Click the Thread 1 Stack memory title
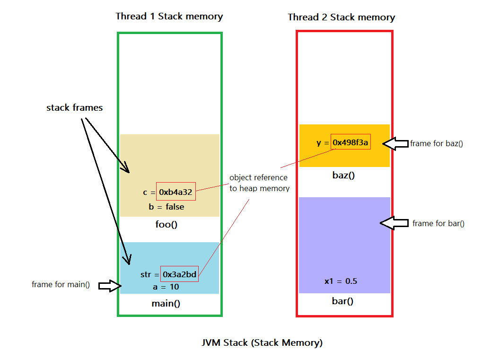point(169,16)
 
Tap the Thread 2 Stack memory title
point(342,17)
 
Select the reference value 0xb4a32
point(175,192)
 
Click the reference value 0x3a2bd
point(180,274)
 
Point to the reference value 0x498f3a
point(351,142)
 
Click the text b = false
point(167,207)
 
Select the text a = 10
point(166,287)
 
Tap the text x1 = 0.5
point(341,281)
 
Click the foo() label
point(167,225)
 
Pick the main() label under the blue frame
point(166,304)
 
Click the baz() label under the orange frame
point(343,176)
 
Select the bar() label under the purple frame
point(342,301)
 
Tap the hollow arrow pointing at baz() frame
point(395,144)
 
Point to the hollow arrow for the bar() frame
point(394,223)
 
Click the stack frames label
point(75,108)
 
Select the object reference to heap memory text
point(259,183)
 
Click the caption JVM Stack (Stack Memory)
point(262,343)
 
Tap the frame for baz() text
point(437,144)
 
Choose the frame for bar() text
point(439,224)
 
